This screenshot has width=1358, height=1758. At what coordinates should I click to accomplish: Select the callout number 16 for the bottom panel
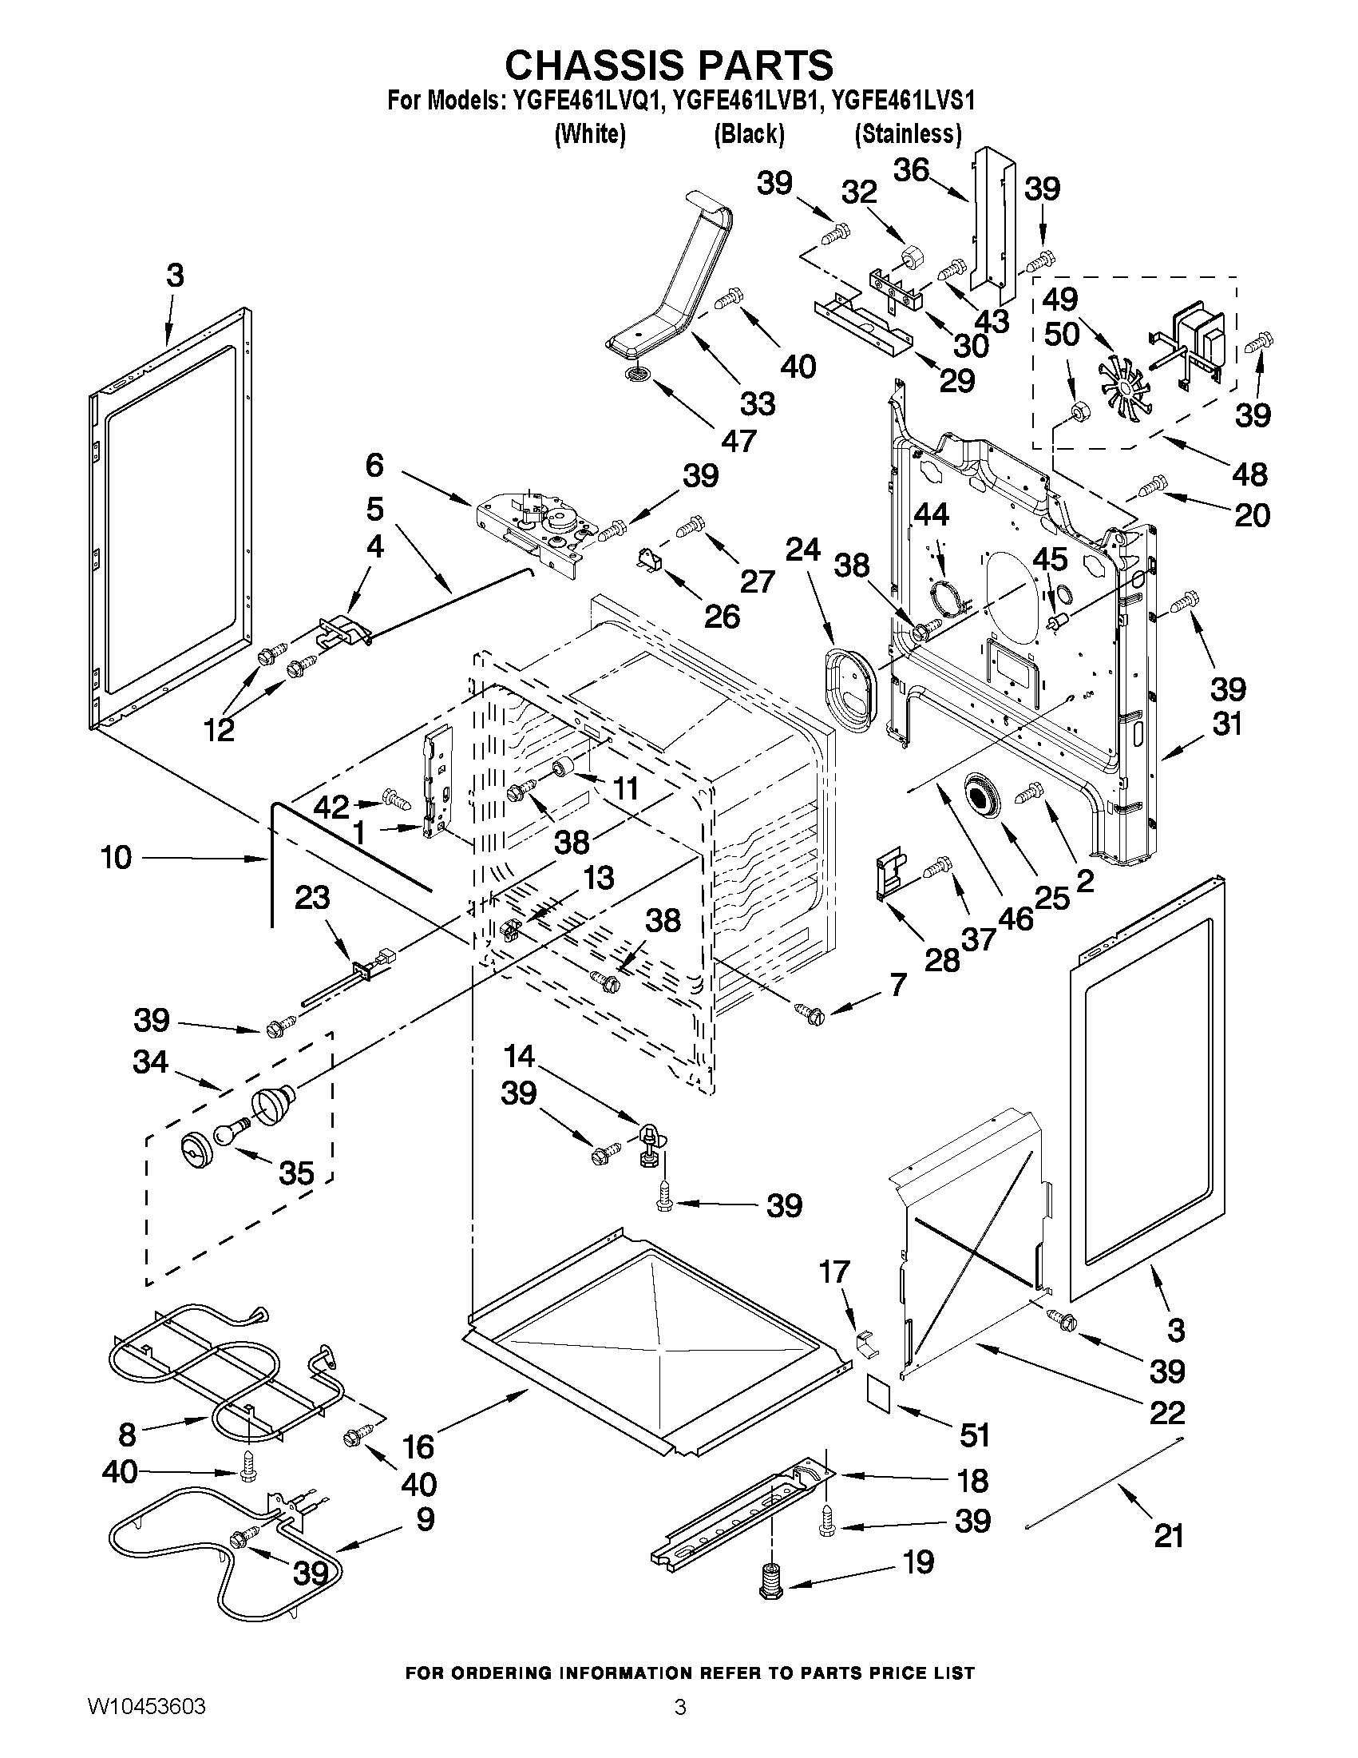point(418,1446)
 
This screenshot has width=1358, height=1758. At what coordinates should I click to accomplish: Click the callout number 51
point(974,1435)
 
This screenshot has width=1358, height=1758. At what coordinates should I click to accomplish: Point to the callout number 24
point(802,550)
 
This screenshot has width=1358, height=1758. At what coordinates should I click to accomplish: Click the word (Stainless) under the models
point(908,133)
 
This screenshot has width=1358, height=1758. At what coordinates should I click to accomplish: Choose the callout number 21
point(1168,1536)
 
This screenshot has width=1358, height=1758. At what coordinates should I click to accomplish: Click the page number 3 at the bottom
point(680,1724)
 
